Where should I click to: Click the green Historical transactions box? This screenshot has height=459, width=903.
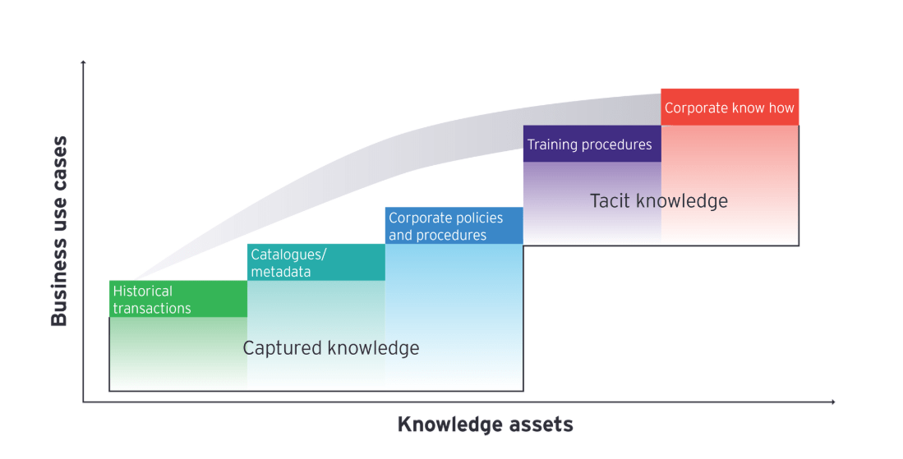tap(177, 299)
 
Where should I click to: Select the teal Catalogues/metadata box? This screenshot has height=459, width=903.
tap(316, 262)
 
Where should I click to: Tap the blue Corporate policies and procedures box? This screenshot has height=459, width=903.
tap(454, 226)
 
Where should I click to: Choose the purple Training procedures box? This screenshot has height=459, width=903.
tap(592, 144)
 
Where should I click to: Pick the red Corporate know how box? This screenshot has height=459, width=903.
tap(730, 108)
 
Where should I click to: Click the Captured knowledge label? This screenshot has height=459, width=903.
tap(331, 348)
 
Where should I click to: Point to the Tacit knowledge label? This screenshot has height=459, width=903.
tap(659, 200)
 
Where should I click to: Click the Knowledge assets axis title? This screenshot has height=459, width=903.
tap(485, 425)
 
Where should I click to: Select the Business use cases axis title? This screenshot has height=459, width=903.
tap(59, 232)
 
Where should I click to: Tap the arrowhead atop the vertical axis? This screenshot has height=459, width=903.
tap(83, 62)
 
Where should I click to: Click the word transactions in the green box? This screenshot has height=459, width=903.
tap(152, 309)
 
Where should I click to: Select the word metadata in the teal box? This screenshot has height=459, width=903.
tap(281, 272)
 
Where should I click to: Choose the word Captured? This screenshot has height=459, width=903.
tap(282, 348)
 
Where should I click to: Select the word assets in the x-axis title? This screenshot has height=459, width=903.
tap(540, 425)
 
